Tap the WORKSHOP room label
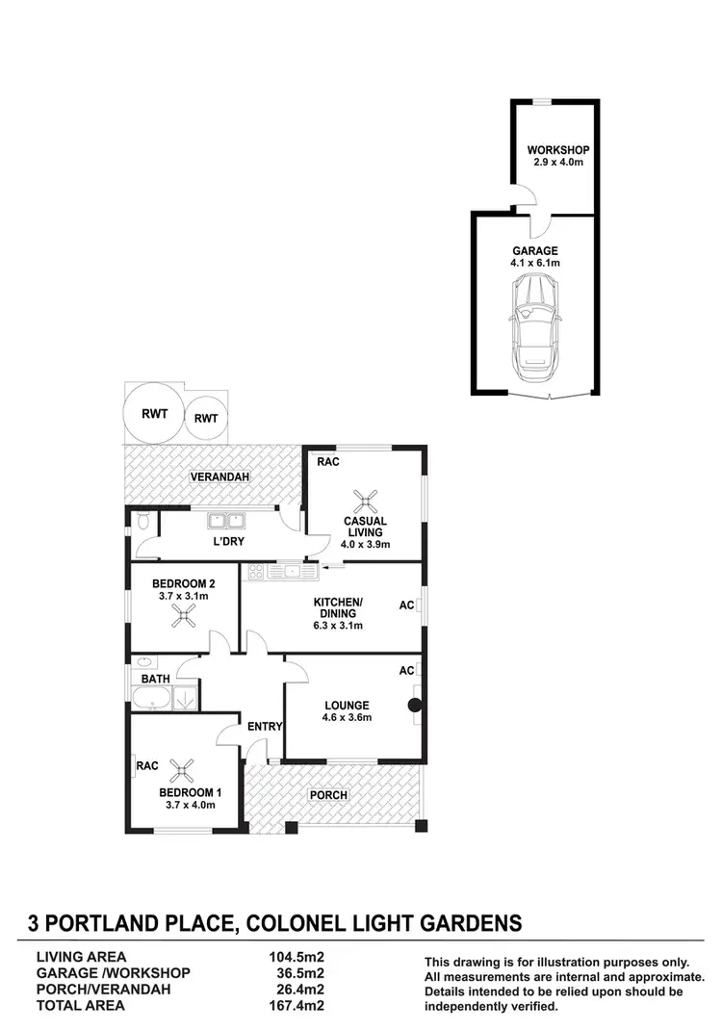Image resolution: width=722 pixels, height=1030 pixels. [x=557, y=150]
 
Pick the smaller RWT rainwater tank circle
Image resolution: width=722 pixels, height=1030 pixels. [x=205, y=418]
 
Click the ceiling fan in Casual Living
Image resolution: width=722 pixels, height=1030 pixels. [x=365, y=499]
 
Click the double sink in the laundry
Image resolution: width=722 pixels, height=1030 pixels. [x=228, y=522]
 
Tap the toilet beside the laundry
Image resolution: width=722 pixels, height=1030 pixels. [x=142, y=523]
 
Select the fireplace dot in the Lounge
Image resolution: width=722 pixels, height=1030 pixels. [x=415, y=706]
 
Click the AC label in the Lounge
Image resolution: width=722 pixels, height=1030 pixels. [x=406, y=670]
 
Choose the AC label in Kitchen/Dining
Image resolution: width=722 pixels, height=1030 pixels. [x=406, y=605]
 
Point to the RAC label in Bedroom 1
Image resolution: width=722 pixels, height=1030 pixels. [x=147, y=766]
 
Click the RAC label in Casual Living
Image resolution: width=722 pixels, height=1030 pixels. [x=327, y=462]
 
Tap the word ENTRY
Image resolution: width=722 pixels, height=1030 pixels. [x=264, y=726]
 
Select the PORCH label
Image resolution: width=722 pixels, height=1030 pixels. [x=327, y=795]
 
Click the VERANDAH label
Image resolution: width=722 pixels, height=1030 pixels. [x=215, y=477]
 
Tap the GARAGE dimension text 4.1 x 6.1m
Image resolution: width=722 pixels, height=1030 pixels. [x=535, y=263]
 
